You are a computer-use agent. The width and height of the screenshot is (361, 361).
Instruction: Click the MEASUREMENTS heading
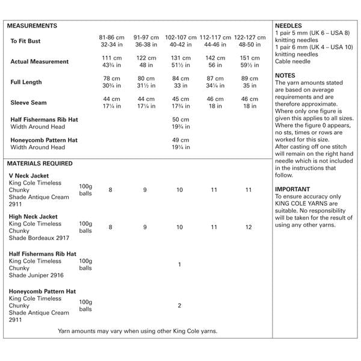[x=33, y=26]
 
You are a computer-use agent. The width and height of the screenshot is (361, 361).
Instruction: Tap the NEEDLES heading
[x=289, y=26]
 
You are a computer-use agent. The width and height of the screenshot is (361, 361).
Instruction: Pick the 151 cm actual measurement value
[x=249, y=58]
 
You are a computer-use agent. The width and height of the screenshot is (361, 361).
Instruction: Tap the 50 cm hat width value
[x=180, y=120]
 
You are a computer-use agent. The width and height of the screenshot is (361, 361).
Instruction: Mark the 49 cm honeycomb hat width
[x=180, y=140]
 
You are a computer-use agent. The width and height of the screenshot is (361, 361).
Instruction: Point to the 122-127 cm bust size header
[x=249, y=37]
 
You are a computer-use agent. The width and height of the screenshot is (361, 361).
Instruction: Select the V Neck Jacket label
[x=29, y=176]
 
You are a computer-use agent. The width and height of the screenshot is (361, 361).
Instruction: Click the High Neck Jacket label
[x=34, y=216]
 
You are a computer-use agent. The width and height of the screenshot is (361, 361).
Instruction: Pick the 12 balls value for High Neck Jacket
[x=249, y=227]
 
